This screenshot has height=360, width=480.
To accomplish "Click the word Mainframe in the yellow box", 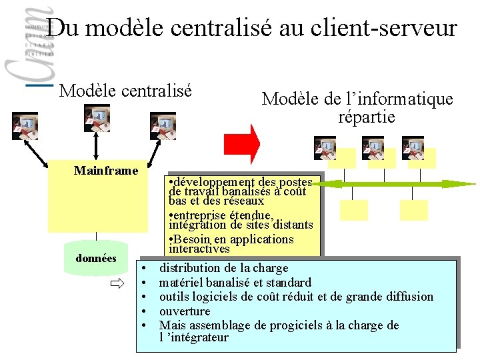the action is (x=106, y=171).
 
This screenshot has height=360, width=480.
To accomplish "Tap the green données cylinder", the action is (x=96, y=259).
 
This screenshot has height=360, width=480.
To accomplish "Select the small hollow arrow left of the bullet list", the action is (x=117, y=285).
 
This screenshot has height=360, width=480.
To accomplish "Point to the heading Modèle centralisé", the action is (x=125, y=89).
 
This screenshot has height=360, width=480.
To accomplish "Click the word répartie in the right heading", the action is (x=366, y=117).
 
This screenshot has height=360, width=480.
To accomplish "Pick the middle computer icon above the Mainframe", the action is (x=97, y=117).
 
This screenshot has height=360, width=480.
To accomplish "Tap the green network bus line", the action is (x=400, y=182).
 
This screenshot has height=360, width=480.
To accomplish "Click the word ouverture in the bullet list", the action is (x=185, y=311).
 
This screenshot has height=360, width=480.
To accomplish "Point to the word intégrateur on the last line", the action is (x=199, y=337).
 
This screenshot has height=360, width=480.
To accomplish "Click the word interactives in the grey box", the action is (x=199, y=249).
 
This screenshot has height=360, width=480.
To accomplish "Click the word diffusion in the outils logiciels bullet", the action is (x=408, y=297).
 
